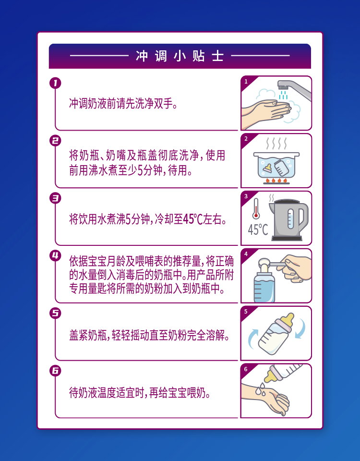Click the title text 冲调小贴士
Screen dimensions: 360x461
pos(180,56)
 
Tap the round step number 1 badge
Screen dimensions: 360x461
pos(55,83)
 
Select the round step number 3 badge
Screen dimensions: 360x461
pos(55,198)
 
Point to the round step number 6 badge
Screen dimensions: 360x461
pos(55,371)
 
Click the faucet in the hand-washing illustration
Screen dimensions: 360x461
pos(294,88)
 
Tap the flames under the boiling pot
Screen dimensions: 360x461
pos(276,180)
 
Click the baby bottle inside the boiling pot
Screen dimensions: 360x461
pos(282,168)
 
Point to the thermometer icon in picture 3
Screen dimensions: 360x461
pos(256,208)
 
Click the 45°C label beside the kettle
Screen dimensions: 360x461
pos(258,230)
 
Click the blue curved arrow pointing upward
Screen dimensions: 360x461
pos(252,338)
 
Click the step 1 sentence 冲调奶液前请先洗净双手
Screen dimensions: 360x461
pos(123,104)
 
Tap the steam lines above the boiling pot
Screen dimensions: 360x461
pos(276,143)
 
